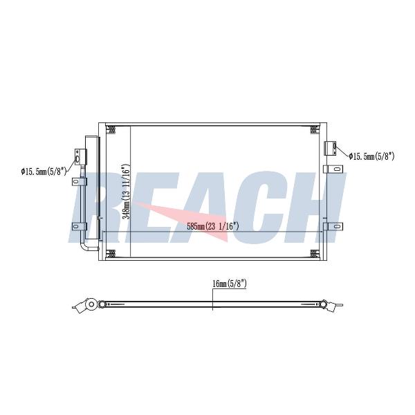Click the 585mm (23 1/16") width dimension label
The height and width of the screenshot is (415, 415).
click(x=213, y=226)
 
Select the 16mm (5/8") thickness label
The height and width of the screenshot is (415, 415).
click(x=230, y=284)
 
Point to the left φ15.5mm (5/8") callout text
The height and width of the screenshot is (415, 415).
click(x=44, y=172)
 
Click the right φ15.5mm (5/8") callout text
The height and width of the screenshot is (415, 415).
click(x=371, y=156)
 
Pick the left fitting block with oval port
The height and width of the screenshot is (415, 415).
click(x=80, y=157)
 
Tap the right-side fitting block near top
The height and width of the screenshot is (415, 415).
click(x=331, y=149)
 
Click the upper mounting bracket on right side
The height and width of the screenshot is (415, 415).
click(x=333, y=169)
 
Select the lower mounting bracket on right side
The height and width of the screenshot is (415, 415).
click(x=333, y=227)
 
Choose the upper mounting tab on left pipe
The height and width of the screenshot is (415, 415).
click(x=79, y=181)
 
